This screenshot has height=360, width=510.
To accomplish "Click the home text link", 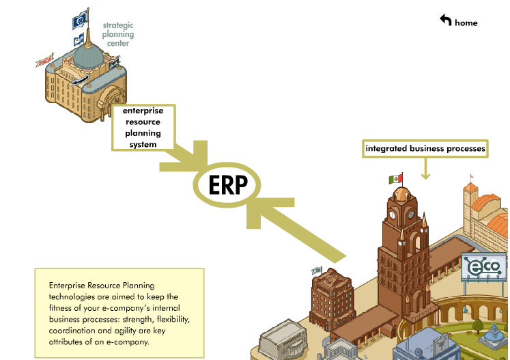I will [x=466, y=23].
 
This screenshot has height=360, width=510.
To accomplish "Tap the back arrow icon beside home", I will [x=446, y=20].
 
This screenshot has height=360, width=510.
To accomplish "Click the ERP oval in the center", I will [x=225, y=185].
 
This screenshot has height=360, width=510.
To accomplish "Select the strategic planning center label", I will [x=118, y=34].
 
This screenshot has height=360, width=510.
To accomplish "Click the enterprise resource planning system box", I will [x=143, y=127].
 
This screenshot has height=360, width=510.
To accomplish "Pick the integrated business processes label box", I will [x=425, y=148].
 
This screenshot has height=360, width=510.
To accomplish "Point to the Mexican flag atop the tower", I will [x=395, y=179].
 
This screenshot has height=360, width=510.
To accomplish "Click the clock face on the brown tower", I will [x=393, y=213].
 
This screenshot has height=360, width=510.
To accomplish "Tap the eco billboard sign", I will [x=484, y=266].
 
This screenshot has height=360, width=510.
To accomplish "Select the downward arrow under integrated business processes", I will [x=425, y=169].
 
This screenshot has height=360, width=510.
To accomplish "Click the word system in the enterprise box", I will [x=143, y=144].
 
